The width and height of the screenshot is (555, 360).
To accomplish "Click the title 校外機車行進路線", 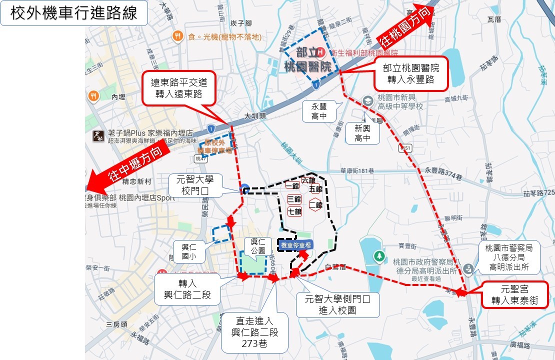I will (73, 13).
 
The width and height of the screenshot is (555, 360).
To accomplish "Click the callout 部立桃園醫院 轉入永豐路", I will (410, 73).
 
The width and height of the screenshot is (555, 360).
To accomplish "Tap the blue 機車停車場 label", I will (296, 244).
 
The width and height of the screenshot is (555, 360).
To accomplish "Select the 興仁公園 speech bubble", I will (258, 246).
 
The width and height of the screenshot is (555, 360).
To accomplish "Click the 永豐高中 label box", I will (318, 111).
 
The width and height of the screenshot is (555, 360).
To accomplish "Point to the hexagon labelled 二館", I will (315, 204).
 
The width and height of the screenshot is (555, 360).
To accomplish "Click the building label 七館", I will (295, 212).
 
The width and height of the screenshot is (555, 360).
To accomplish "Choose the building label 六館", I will (308, 180).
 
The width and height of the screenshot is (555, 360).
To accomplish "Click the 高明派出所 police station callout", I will (512, 259).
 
